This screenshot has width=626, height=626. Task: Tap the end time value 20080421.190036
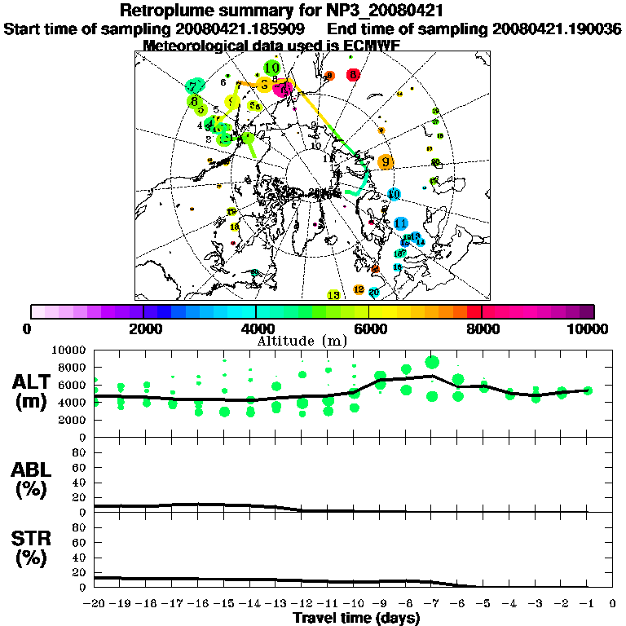point(557,29)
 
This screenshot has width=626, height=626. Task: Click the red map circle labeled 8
point(352,74)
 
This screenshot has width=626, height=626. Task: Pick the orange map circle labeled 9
point(386,161)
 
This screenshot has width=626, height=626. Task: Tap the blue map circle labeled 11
point(400,223)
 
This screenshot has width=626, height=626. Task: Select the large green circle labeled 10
point(272,68)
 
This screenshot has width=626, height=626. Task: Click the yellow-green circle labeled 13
point(333,294)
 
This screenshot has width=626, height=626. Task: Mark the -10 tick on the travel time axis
point(354,604)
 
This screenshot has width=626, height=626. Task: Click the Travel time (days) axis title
point(356,619)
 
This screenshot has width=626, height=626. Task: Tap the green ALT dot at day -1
point(587,390)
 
